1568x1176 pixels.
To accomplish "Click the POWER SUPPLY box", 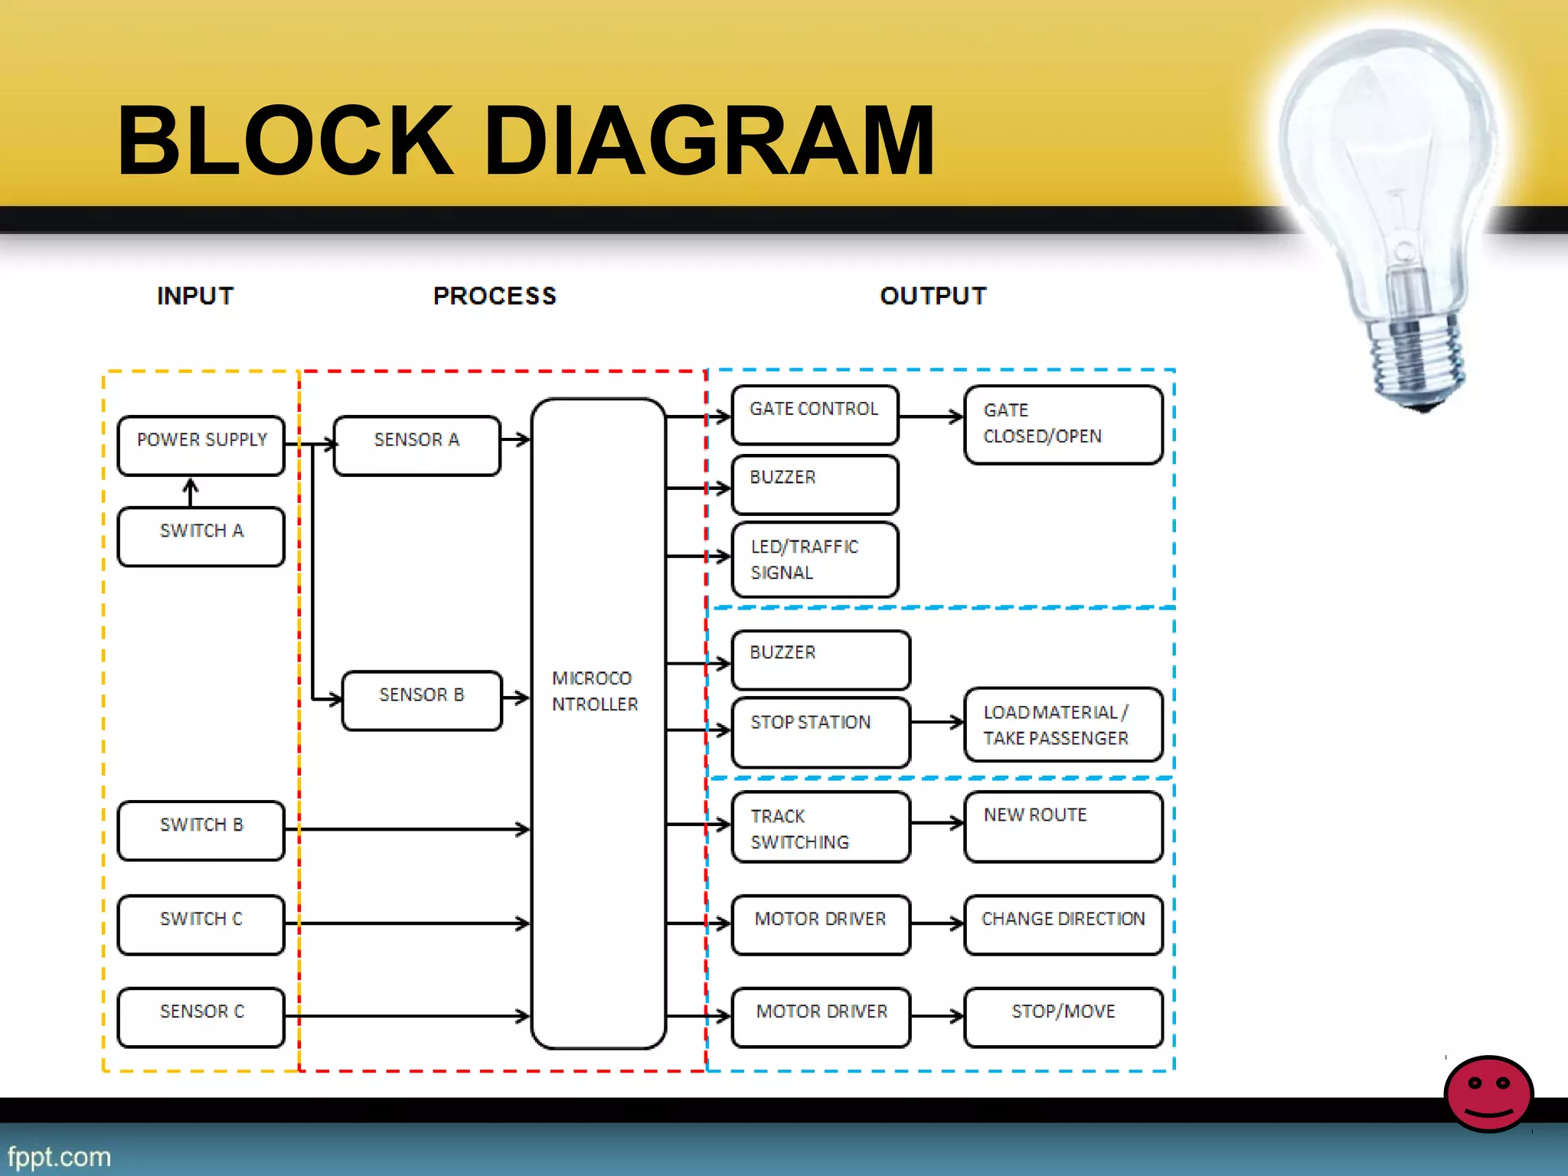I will tap(201, 446).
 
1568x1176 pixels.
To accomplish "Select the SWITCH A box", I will tap(201, 537).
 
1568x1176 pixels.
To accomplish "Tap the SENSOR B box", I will tap(422, 701).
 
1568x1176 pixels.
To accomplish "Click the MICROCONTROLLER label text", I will tap(594, 691).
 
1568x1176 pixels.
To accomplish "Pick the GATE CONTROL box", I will tap(815, 415).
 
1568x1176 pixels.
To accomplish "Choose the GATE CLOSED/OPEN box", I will tap(1063, 425).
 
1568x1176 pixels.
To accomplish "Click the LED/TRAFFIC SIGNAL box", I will tap(815, 560).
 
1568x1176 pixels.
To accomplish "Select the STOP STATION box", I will tap(821, 732).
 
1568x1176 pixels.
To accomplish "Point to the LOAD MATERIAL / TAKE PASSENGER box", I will tap(1063, 724).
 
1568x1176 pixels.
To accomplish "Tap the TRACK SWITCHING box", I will tap(821, 828).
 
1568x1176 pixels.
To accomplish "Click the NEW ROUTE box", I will tap(1063, 827).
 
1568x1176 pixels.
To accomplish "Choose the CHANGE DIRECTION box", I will tap(1063, 924).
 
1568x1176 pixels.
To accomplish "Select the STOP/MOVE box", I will tap(1063, 1017).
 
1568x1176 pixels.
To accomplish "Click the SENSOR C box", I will tap(201, 1017).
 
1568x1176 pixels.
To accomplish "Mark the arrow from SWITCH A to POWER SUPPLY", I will tap(191, 492).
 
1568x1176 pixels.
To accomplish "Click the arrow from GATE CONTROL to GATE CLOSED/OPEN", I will tap(931, 417).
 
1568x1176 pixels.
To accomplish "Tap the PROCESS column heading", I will tap(495, 296).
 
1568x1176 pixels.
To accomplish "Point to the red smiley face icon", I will tap(1488, 1093).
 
